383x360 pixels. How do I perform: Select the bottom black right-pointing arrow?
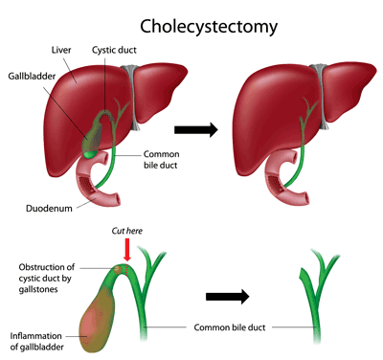pos(236,296)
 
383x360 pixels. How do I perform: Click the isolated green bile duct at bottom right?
pos(313,297)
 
